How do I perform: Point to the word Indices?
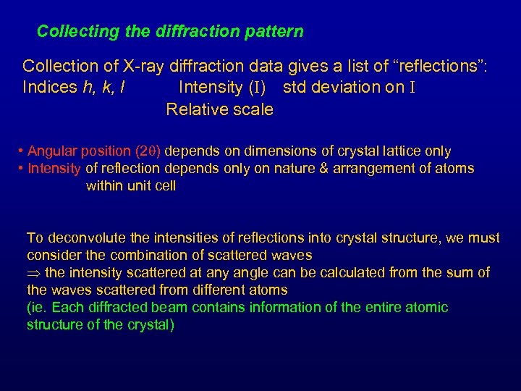click(x=49, y=88)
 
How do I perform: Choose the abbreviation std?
click(x=295, y=88)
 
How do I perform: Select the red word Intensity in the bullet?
click(x=54, y=169)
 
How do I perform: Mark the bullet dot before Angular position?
click(x=21, y=151)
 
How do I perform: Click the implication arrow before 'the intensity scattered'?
click(x=33, y=273)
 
